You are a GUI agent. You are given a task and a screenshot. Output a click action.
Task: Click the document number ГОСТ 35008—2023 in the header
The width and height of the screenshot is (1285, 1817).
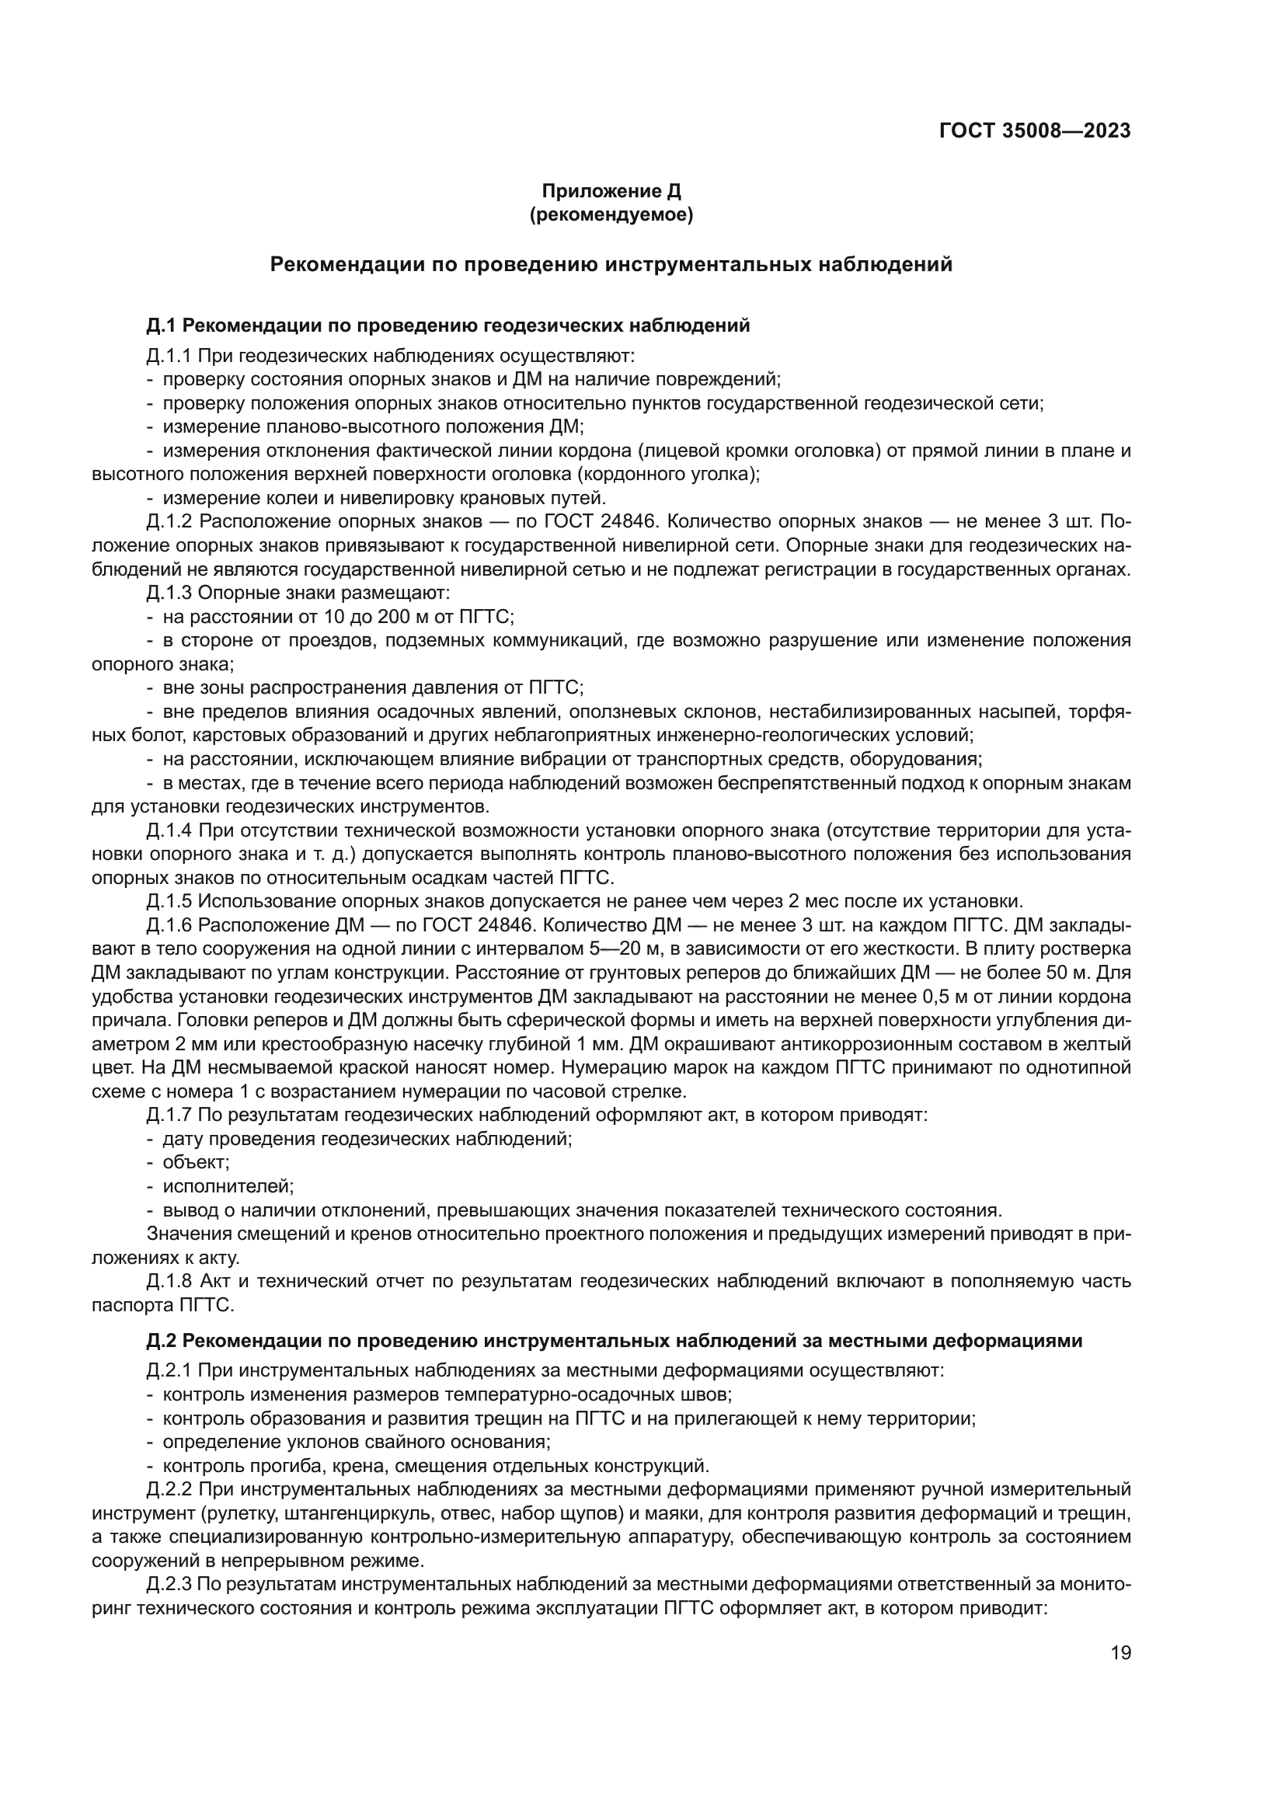pyautogui.click(x=1034, y=131)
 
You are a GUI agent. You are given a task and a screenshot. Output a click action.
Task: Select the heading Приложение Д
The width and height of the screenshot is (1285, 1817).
pyautogui.click(x=611, y=192)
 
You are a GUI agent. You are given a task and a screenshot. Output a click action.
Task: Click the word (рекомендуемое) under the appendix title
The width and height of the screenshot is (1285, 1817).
pyautogui.click(x=611, y=215)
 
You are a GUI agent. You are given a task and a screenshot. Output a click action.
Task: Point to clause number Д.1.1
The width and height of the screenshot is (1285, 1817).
pyautogui.click(x=169, y=356)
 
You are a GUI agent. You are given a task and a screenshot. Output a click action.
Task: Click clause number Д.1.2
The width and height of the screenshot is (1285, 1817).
pyautogui.click(x=169, y=521)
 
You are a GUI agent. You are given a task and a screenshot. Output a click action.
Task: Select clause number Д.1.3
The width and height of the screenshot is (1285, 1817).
pyautogui.click(x=169, y=593)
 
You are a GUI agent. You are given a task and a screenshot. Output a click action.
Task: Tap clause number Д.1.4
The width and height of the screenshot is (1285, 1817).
pyautogui.click(x=169, y=830)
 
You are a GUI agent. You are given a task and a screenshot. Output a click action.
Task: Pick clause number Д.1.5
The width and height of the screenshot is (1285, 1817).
pyautogui.click(x=169, y=901)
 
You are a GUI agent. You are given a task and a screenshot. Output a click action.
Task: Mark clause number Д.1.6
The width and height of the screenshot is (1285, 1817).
pyautogui.click(x=169, y=925)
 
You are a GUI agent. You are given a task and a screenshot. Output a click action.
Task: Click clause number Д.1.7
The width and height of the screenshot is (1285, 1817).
pyautogui.click(x=169, y=1115)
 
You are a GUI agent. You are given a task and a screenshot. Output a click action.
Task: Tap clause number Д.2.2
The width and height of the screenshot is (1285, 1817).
pyautogui.click(x=169, y=1488)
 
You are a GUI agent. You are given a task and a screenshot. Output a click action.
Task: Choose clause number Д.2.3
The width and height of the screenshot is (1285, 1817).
pyautogui.click(x=169, y=1583)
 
